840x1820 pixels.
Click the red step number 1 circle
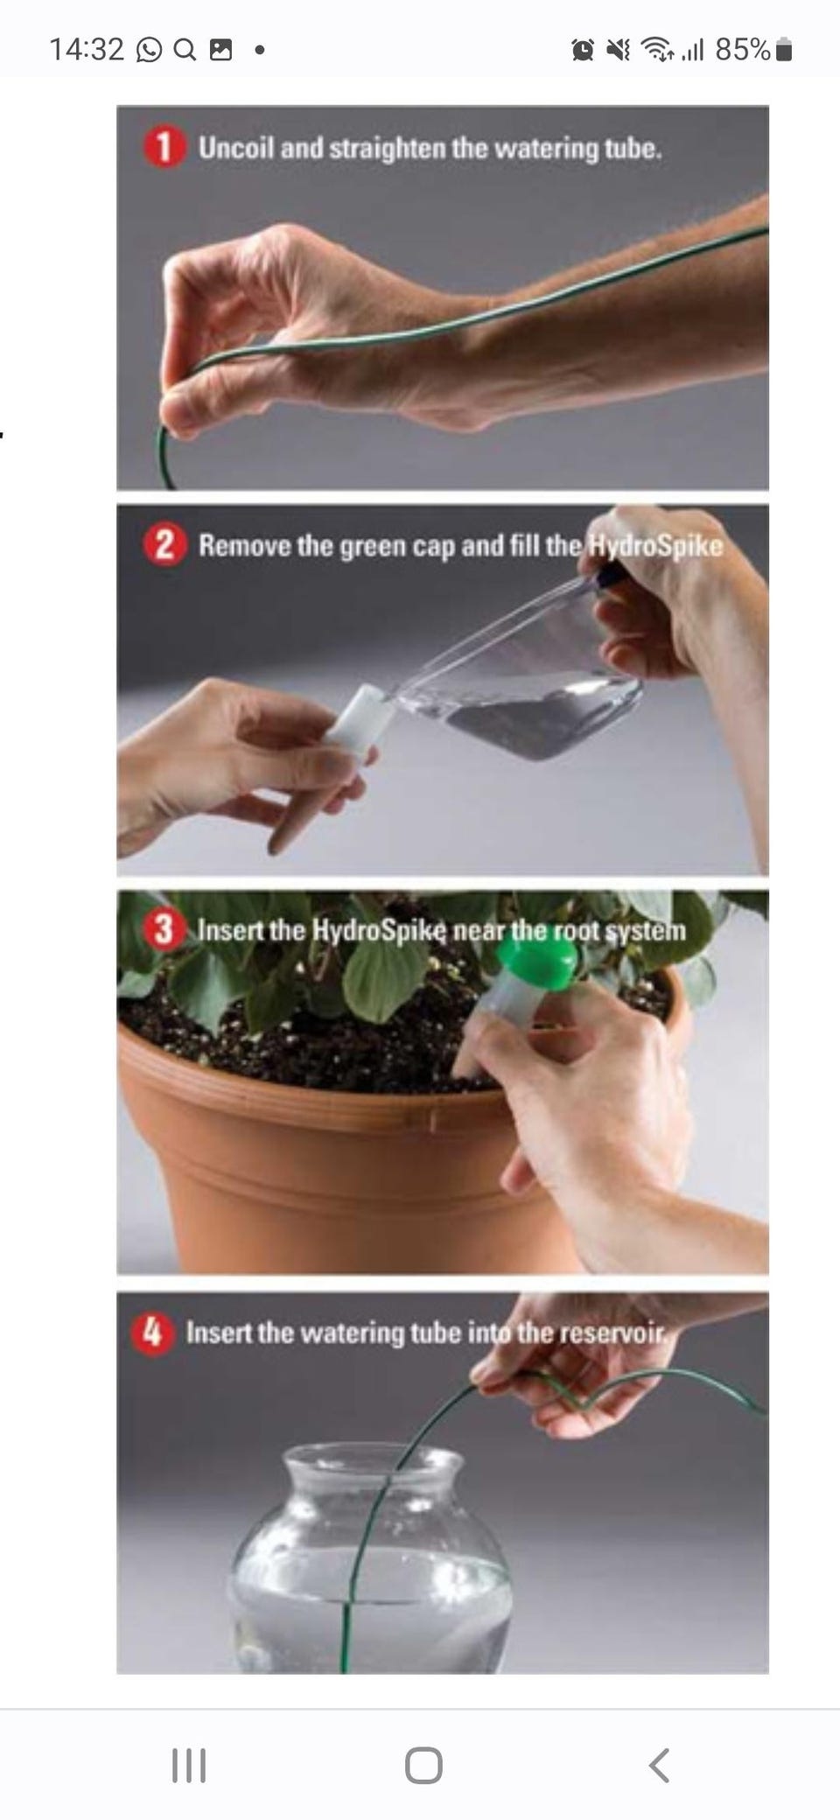click(164, 147)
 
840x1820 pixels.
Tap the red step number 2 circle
click(164, 545)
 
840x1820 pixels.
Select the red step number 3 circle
click(164, 929)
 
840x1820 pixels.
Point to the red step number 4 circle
click(152, 1333)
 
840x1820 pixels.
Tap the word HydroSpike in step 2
click(655, 545)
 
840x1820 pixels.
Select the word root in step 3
click(576, 930)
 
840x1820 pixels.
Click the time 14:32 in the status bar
click(87, 49)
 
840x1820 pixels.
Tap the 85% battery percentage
click(743, 49)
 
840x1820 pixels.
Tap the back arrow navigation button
click(660, 1765)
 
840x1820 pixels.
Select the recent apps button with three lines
click(188, 1765)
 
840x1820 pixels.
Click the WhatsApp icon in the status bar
click(150, 50)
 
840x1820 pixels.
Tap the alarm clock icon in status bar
click(583, 50)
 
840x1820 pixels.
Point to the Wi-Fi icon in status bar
click(655, 50)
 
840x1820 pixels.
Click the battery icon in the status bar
click(784, 50)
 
